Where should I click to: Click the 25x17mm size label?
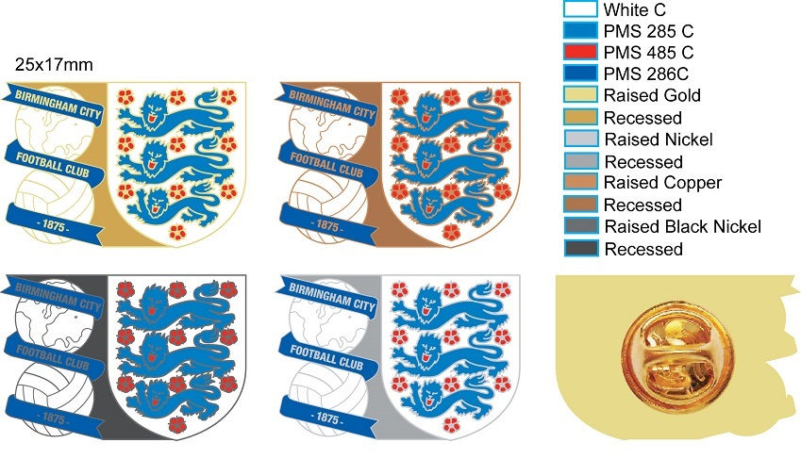click(x=54, y=66)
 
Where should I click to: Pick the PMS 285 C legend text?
click(x=650, y=31)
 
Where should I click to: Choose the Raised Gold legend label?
click(x=652, y=96)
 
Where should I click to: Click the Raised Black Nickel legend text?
click(x=682, y=226)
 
